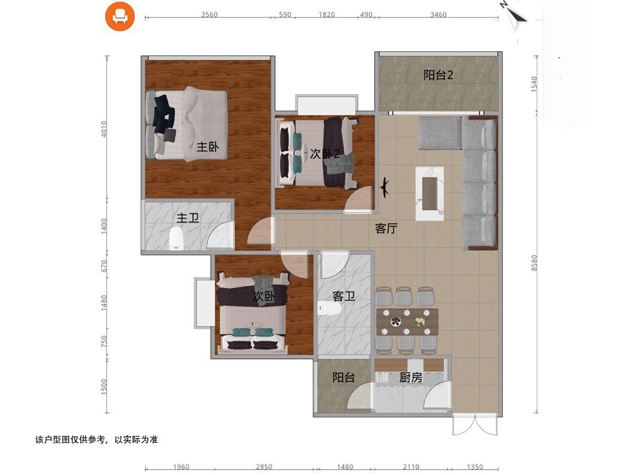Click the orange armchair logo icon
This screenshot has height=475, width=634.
[120, 16]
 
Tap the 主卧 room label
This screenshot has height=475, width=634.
[208, 147]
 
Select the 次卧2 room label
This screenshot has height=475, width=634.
[324, 154]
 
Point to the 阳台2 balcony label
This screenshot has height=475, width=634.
[438, 75]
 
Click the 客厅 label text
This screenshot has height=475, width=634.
[386, 229]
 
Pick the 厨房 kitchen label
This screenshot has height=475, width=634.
[411, 377]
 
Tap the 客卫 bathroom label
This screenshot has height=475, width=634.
[343, 296]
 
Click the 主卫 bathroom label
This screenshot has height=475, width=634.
[188, 218]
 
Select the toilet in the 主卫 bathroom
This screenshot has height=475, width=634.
[176, 238]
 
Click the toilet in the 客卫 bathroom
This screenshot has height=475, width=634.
[329, 308]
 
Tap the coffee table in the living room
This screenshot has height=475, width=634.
[430, 194]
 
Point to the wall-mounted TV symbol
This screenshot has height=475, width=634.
[385, 188]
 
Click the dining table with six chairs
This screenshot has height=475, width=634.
[407, 322]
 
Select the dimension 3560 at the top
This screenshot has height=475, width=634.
[209, 14]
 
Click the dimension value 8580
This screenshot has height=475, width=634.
[534, 263]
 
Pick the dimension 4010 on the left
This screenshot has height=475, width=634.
[104, 129]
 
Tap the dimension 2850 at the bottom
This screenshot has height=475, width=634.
[264, 467]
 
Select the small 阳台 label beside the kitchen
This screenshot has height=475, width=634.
[343, 377]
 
